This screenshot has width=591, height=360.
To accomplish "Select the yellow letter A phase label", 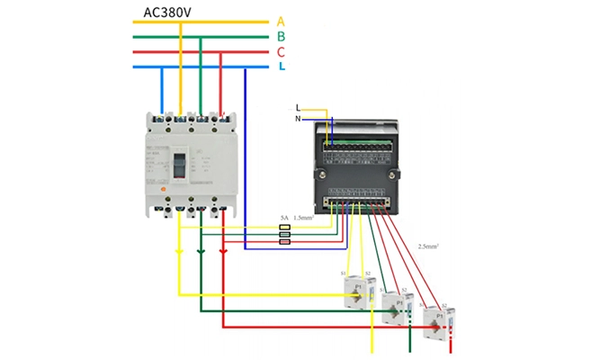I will tap(281, 21).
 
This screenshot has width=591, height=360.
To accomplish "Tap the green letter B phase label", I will tap(281, 36).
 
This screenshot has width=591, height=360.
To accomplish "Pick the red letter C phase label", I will tap(281, 52).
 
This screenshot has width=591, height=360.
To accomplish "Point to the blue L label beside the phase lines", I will tap(282, 67).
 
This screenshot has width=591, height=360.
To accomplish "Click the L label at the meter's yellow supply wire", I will tap(299, 108).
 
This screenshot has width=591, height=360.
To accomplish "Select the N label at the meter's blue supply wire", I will tap(299, 119).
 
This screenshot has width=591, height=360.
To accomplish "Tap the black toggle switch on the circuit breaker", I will tap(179, 166).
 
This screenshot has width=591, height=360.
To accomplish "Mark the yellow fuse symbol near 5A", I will tap(285, 227).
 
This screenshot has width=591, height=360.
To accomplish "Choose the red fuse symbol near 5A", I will tap(285, 242).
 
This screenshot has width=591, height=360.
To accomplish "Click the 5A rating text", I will tap(283, 218).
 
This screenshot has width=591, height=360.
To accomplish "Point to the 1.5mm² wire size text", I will tap(306, 218).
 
